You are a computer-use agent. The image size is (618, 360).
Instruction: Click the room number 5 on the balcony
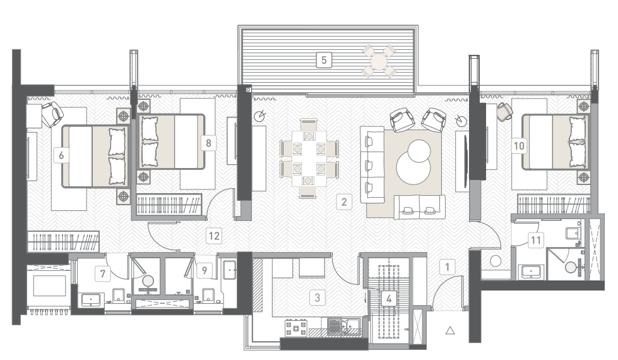click(324, 61)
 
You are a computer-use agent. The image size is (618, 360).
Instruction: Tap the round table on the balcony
click(379, 61)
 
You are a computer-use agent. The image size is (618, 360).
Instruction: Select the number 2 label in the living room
click(343, 202)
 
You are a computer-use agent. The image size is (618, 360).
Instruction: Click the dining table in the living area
click(309, 158)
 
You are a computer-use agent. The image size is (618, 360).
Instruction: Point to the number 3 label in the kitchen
click(318, 297)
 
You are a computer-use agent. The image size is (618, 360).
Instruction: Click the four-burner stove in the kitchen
click(296, 328)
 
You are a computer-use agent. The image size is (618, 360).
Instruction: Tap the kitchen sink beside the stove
click(343, 327)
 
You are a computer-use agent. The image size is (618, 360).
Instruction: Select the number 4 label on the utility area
click(389, 299)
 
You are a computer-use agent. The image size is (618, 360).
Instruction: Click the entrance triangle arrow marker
click(450, 330)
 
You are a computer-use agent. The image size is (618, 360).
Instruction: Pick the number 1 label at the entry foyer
click(448, 267)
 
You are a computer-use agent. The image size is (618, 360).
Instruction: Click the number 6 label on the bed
click(61, 155)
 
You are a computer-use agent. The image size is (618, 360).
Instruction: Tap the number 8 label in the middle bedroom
click(208, 143)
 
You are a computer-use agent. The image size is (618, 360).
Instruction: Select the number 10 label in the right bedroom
click(519, 146)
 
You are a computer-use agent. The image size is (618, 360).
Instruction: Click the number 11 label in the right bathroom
click(536, 240)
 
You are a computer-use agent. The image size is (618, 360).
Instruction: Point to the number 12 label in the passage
click(214, 236)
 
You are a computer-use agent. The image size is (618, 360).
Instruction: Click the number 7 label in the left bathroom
click(103, 273)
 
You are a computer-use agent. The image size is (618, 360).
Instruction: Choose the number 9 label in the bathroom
click(204, 270)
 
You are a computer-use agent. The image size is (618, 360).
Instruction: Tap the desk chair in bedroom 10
click(504, 111)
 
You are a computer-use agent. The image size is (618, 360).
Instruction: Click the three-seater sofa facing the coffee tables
click(372, 164)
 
